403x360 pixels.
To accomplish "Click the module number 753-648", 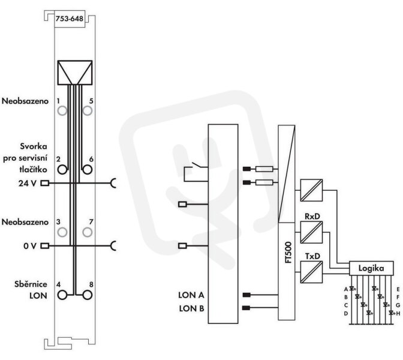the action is click(70, 19).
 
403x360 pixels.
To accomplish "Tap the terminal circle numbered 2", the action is click(62, 169).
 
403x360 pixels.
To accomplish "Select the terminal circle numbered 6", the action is click(87, 169).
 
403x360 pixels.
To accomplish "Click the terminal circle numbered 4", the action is click(62, 295).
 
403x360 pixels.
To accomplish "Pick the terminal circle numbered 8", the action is click(87, 295).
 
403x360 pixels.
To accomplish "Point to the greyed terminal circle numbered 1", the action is click(62, 111).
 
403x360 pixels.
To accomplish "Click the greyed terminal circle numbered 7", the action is click(88, 232).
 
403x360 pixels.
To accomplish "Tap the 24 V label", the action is click(27, 184).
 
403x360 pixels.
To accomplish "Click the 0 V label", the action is click(30, 246).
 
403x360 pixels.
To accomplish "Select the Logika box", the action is click(371, 268).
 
